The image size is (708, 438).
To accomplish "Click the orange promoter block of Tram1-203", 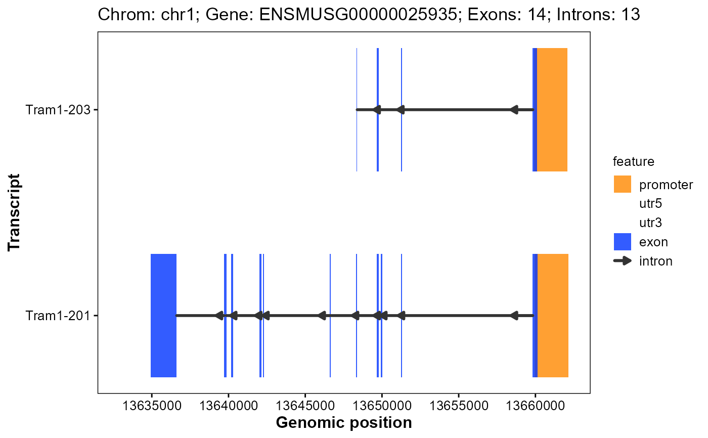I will click(x=552, y=110).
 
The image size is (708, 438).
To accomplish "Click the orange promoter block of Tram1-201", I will click(x=553, y=316).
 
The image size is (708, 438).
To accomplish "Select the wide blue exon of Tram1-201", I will click(x=163, y=316).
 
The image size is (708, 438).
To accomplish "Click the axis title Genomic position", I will click(x=344, y=422).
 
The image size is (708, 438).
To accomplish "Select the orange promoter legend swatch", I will click(x=623, y=184).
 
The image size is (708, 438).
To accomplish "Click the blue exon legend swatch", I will click(x=623, y=242).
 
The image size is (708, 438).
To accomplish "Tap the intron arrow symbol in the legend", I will click(x=623, y=261).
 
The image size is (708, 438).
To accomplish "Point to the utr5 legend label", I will click(x=650, y=204).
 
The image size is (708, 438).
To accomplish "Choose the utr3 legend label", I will click(x=650, y=223).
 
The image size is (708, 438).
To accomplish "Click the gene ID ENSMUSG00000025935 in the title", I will click(x=355, y=15).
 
